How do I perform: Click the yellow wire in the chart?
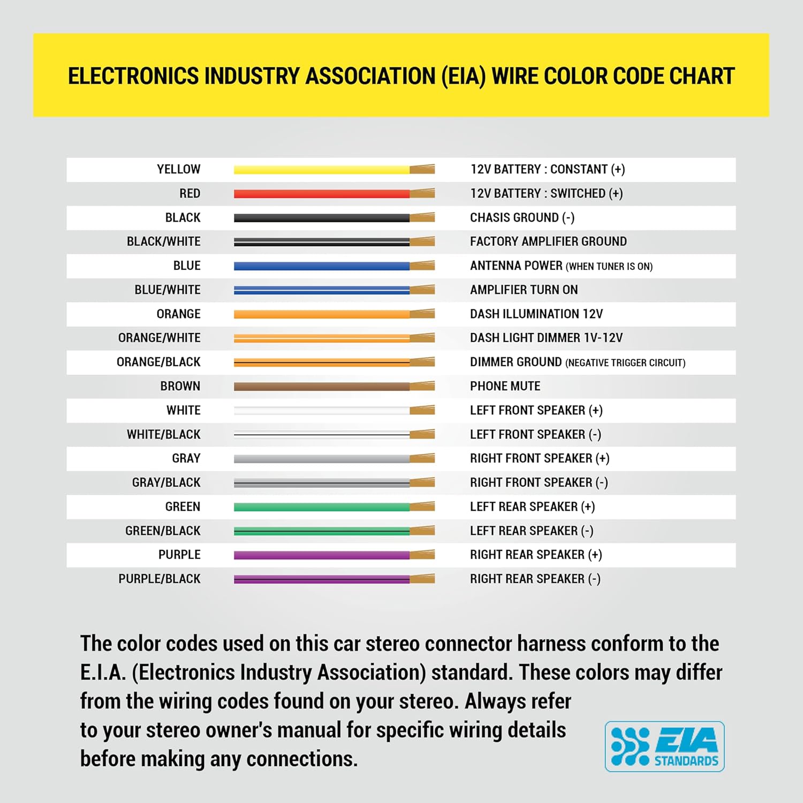[322, 170]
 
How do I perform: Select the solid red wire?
[322, 194]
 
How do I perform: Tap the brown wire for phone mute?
[322, 387]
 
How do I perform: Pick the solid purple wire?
[322, 555]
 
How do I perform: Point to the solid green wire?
[322, 507]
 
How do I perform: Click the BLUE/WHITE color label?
[168, 290]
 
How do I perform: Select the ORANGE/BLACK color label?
[158, 362]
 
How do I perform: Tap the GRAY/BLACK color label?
[166, 483]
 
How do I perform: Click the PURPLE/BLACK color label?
[160, 579]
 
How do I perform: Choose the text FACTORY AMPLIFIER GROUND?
[548, 242]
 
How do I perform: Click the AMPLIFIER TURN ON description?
[524, 290]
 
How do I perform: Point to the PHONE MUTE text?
[505, 387]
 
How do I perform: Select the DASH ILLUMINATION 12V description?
[536, 314]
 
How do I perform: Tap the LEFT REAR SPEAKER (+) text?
[532, 507]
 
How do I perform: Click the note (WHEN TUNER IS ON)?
[609, 267]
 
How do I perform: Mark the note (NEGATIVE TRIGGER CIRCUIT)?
[625, 363]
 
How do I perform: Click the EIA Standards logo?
[664, 746]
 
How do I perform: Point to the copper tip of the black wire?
[422, 218]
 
